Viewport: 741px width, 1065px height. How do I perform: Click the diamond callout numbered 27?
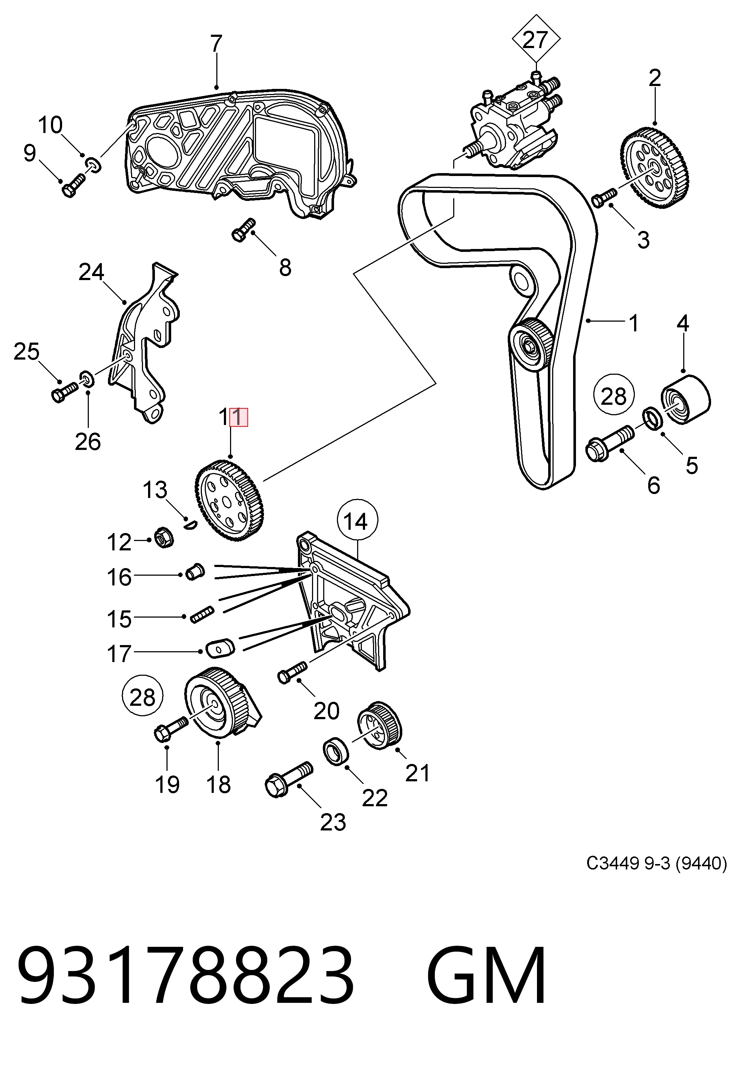point(536,40)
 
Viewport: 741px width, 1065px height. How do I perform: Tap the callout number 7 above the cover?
point(216,44)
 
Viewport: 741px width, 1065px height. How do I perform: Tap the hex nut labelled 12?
point(162,537)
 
